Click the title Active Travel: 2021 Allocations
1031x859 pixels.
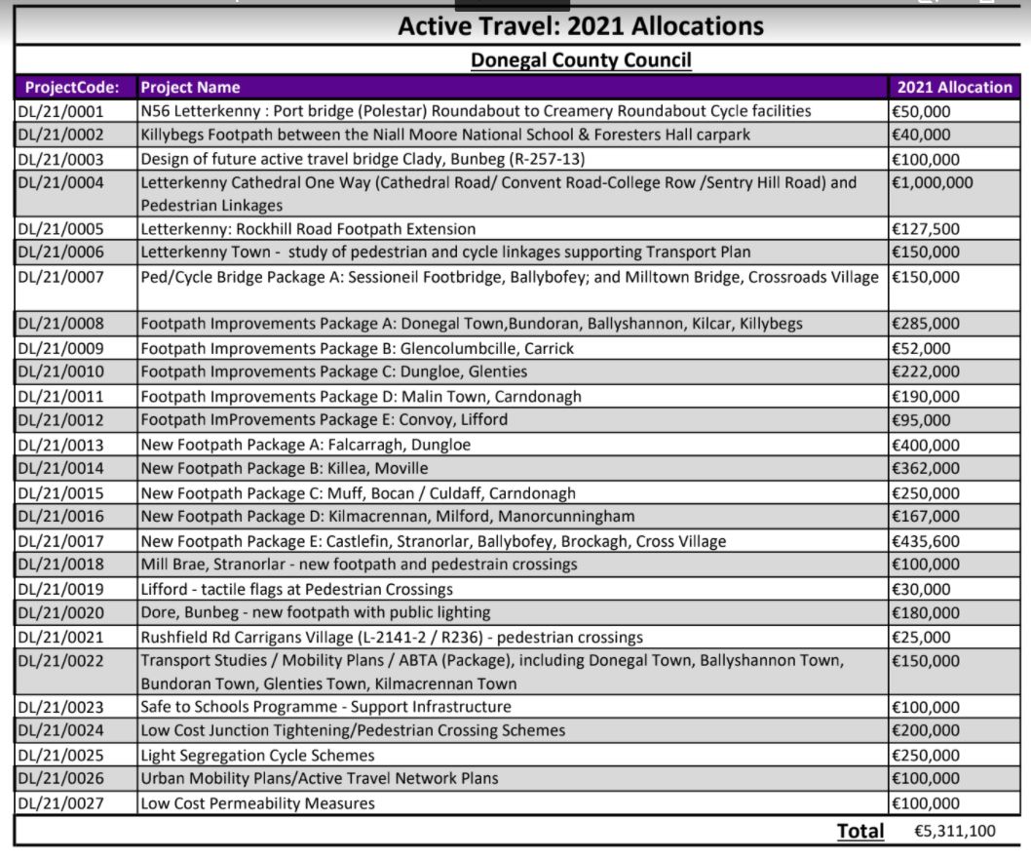(581, 25)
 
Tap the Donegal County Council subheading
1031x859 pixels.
(581, 60)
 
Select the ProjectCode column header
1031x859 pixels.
(73, 87)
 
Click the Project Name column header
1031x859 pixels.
(190, 87)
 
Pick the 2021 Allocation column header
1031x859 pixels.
(953, 87)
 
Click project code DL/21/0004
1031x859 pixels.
(60, 182)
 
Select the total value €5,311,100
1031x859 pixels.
(954, 832)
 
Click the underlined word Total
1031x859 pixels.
(860, 832)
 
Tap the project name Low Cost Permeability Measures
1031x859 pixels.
(257, 803)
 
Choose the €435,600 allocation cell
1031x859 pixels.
(926, 541)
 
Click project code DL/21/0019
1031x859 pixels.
(60, 589)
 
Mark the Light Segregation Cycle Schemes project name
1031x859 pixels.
(257, 755)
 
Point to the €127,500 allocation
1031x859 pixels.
(926, 229)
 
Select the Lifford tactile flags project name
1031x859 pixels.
(296, 589)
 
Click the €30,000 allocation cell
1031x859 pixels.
(921, 589)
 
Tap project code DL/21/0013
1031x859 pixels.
(60, 445)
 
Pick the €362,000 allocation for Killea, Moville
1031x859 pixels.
(926, 469)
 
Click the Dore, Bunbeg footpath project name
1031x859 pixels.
(315, 612)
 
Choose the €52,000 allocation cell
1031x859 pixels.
(921, 348)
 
